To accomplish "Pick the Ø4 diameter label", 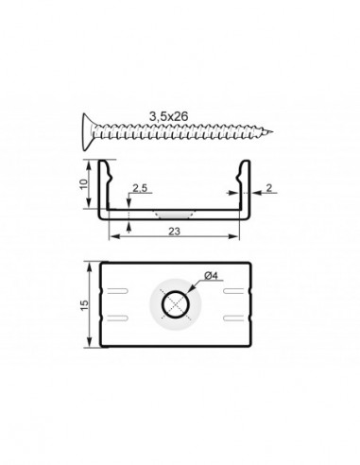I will pos(211,276).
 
